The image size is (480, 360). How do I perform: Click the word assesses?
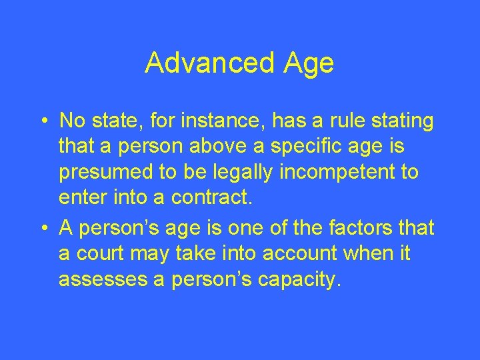101,280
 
